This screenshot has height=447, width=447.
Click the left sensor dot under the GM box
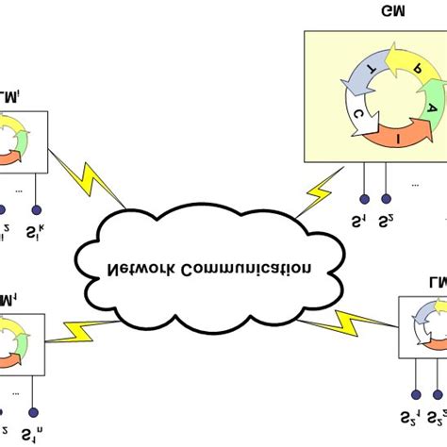[364, 199]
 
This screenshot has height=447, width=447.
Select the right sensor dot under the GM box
[387, 199]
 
